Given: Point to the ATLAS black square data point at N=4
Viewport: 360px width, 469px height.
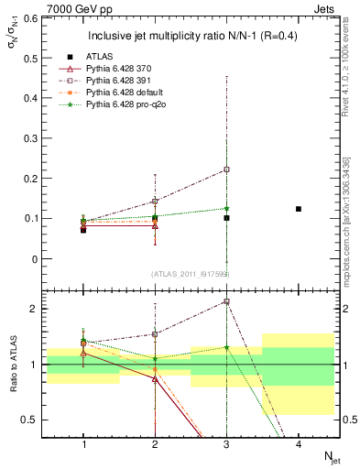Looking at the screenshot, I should (x=299, y=209).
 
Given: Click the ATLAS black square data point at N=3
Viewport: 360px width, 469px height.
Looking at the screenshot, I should (x=226, y=218).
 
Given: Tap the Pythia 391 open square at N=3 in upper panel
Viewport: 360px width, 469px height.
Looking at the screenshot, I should (x=226, y=169).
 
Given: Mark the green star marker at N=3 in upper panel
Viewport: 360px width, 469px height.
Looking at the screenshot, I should (x=226, y=208).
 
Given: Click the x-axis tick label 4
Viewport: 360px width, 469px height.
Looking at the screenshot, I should (x=299, y=444).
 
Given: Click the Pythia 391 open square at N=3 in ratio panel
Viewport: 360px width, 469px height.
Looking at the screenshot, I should (x=226, y=301).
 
